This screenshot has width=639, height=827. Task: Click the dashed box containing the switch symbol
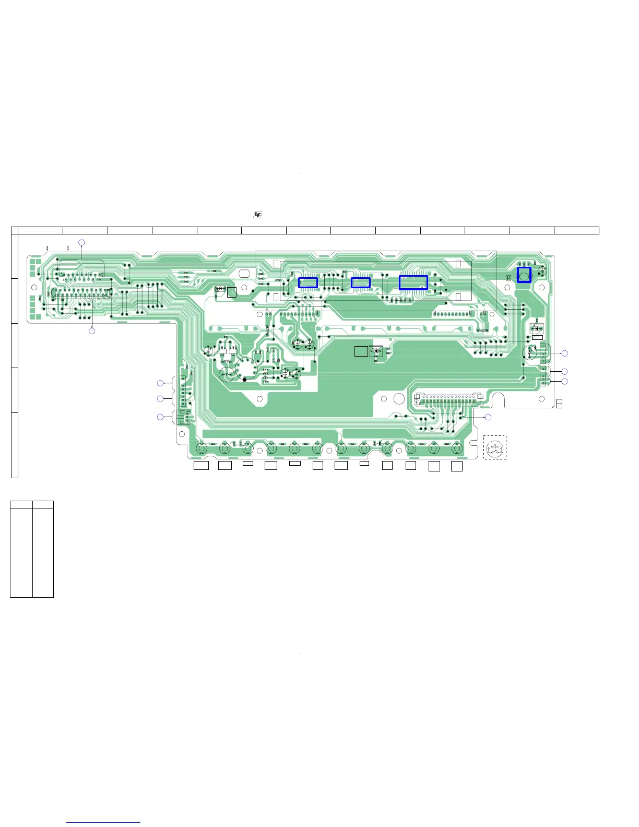tap(494, 447)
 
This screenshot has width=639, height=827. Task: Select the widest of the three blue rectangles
tap(413, 282)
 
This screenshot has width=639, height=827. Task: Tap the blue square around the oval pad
tap(524, 275)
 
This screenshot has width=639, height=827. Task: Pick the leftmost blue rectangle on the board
tap(308, 282)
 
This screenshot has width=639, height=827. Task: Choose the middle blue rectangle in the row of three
tap(361, 282)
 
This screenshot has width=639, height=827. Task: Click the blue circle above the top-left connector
tap(81, 242)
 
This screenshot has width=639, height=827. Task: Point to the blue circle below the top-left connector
tap(92, 331)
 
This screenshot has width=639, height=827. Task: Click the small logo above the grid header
tap(257, 215)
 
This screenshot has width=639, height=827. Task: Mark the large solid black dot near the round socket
tap(244, 380)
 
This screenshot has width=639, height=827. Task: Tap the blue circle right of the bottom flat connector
tap(488, 417)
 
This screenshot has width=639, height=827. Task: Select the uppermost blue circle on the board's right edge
tap(564, 353)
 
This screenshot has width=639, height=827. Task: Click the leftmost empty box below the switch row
tap(201, 465)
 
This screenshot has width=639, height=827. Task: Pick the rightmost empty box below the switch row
tap(457, 466)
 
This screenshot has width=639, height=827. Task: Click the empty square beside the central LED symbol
tap(361, 351)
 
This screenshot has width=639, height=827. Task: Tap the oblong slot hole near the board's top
tap(244, 273)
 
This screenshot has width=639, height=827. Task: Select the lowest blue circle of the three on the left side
tap(160, 417)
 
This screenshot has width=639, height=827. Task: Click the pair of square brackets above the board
tap(58, 249)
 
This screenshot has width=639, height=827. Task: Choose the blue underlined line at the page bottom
tap(103, 823)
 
